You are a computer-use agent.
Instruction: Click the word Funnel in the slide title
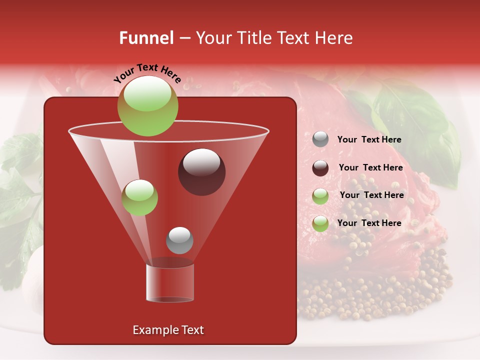pos(146,38)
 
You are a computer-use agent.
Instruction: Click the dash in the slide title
pos(184,38)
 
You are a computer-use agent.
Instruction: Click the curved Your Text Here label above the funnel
pos(147,72)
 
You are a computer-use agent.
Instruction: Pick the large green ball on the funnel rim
pos(147,106)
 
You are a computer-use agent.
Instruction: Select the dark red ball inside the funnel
pos(201,172)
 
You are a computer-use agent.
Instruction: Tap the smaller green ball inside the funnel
pos(139,197)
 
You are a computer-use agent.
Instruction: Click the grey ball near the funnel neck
pos(179,240)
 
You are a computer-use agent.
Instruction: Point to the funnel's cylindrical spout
pos(170,282)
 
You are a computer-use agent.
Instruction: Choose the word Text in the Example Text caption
pos(192,330)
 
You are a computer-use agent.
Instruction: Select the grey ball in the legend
pos(320,139)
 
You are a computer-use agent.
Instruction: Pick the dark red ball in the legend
pos(320,168)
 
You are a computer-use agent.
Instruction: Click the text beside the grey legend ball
pos(369,140)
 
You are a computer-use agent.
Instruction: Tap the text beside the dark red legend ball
pos(370,168)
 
